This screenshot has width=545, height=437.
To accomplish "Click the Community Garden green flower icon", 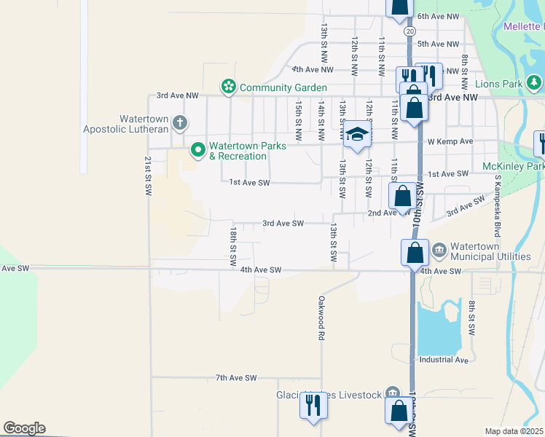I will coord(229,87).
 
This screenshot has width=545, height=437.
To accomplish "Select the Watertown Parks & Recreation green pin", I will coord(197,151).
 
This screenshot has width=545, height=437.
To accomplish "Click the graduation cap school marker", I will coord(357,134).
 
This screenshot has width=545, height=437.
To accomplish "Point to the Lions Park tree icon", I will coord(534,82).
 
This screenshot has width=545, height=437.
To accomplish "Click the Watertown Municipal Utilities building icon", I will coord(439,251).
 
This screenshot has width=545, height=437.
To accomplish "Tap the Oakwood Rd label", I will coord(321,318).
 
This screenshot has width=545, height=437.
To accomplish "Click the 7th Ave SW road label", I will coord(237,378).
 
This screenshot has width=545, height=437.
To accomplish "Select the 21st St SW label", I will coord(147,175).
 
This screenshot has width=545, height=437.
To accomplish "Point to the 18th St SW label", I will coord(234,245).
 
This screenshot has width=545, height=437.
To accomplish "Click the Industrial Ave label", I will coord(444,360).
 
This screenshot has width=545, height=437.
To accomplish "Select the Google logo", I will coord(24,428).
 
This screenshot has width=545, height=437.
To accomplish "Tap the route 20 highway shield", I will coord(411,31).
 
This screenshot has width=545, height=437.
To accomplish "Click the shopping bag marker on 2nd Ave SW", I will coord(403,197).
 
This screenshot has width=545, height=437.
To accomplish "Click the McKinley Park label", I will coord(514,167).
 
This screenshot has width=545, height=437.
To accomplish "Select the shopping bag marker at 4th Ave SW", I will coord(415,253).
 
